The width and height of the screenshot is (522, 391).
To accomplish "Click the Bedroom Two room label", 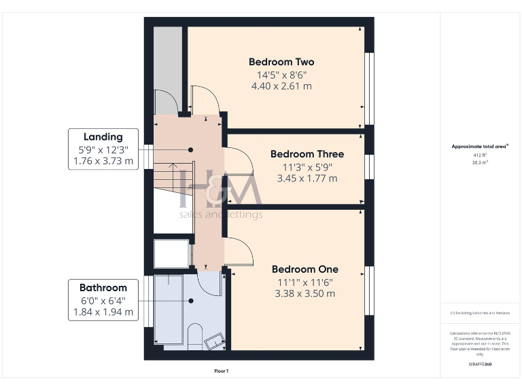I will point(281,62).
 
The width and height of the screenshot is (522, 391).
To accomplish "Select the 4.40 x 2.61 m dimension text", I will point(281,86).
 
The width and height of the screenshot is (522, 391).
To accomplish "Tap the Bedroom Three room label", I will point(307,154).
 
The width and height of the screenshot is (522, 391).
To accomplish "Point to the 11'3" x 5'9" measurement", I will point(307,166).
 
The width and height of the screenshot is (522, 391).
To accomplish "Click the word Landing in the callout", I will point(103,136).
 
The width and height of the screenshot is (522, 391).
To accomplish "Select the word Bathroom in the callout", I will point(103,287).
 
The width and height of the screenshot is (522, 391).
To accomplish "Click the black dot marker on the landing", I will point(191,150).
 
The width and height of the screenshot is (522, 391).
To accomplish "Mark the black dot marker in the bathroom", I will point(190,301).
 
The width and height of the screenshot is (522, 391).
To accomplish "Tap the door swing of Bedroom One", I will point(239,251).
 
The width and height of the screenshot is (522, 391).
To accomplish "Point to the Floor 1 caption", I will point(222,371).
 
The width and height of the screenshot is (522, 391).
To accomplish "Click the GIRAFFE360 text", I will point(481,365).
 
